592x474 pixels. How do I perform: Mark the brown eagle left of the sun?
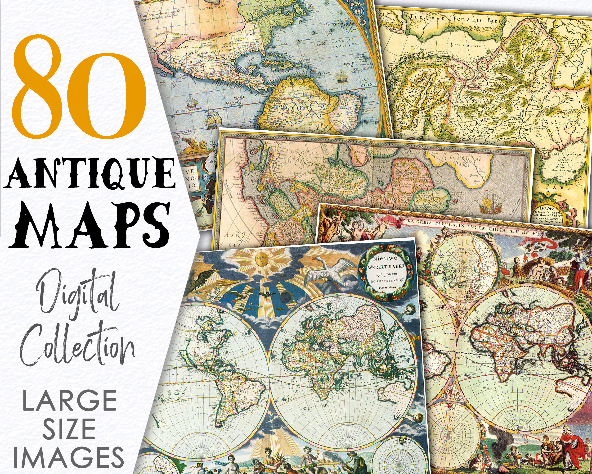click(x=203, y=279)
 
